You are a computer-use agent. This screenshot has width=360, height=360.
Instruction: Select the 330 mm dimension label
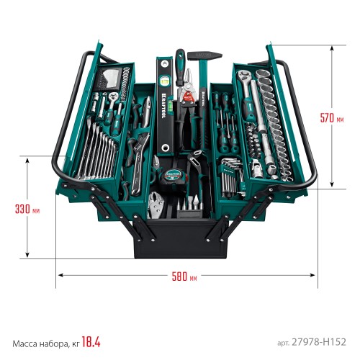point(26,210)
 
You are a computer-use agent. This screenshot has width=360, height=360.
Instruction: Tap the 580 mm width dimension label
point(186,276)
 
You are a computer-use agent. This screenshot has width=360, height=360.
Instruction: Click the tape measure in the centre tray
point(174,176)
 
